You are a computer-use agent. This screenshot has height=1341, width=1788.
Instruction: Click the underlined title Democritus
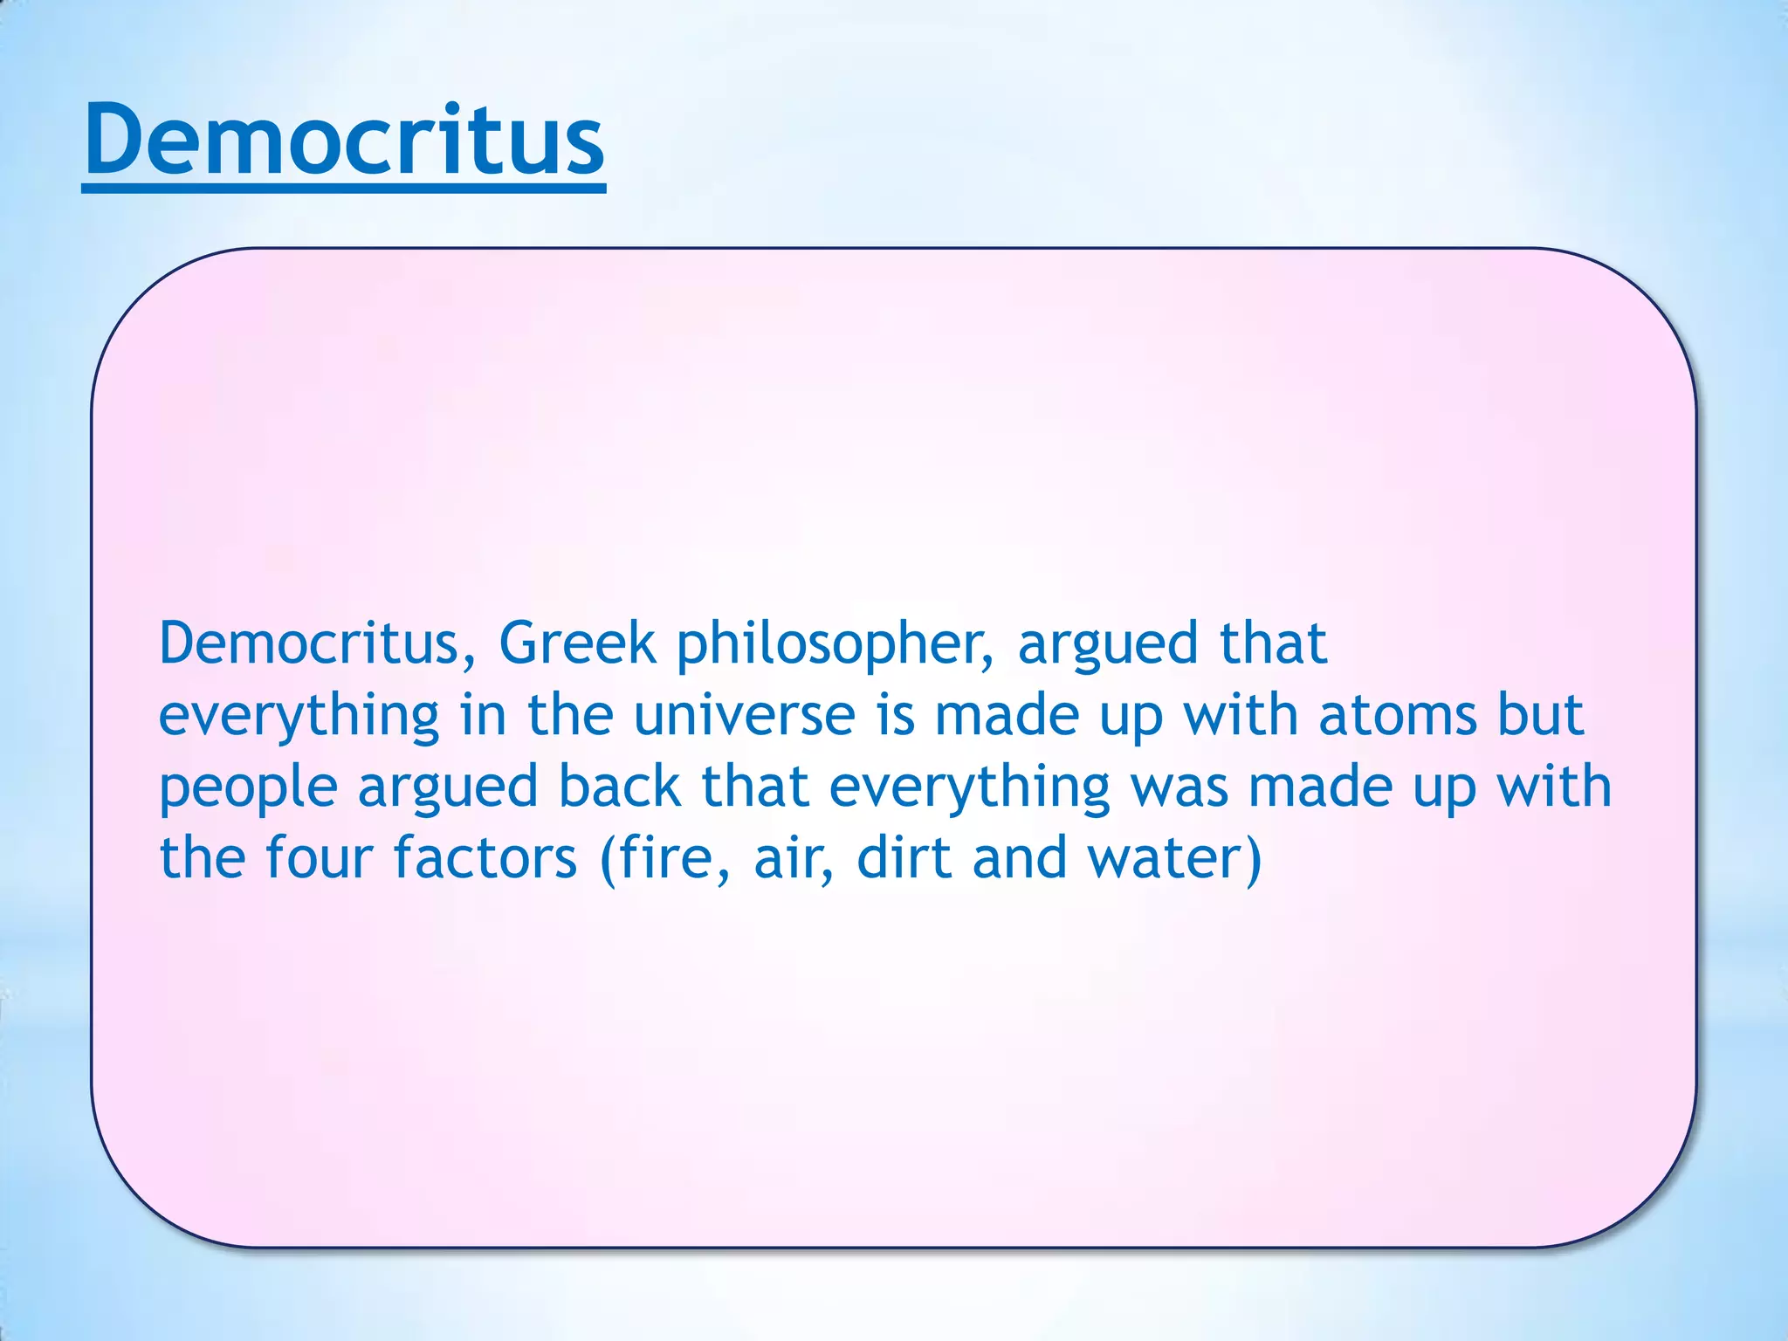click(344, 140)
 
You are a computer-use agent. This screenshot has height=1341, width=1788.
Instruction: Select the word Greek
click(577, 643)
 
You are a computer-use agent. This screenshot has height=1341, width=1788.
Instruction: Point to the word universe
click(744, 715)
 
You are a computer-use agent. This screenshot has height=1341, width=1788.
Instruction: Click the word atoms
click(1397, 715)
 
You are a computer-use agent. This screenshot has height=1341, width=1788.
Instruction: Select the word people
click(248, 788)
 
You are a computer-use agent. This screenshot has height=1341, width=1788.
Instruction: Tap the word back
click(619, 787)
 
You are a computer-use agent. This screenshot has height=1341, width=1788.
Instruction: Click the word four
click(319, 857)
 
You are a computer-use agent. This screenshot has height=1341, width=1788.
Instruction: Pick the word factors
click(485, 857)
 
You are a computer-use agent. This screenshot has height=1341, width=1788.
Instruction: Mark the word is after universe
click(896, 715)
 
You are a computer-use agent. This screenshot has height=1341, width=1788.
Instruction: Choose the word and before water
click(1020, 857)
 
